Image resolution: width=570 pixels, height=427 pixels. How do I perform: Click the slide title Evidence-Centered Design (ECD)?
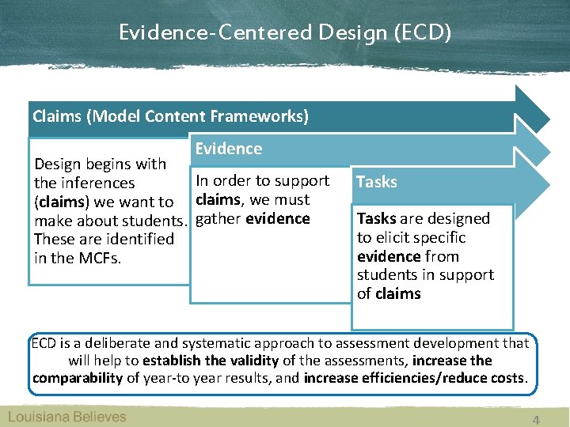pos(284,32)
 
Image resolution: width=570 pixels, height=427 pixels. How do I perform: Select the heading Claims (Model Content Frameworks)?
pos(170,117)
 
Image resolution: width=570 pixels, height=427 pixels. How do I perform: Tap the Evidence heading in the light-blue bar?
pos(228,149)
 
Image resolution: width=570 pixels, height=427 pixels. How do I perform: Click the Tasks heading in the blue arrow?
pos(377,182)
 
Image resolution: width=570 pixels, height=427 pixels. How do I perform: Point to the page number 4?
pos(536,420)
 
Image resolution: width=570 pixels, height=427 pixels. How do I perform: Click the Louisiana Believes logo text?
pos(67,417)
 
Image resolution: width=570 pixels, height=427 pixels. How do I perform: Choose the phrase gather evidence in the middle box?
pos(253,219)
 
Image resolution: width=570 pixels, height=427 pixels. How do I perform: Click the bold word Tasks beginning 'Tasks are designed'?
pos(376,219)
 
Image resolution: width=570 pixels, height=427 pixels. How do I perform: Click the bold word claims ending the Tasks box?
pos(398,294)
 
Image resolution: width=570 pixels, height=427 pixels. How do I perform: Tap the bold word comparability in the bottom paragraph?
pos(77,378)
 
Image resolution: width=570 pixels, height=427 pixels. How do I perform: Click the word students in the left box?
pos(150,221)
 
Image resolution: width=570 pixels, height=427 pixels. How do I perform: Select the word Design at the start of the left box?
pos(59,164)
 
